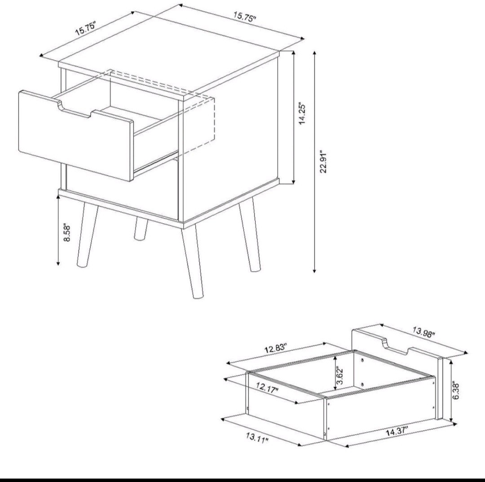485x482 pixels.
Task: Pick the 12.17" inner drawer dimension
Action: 268,387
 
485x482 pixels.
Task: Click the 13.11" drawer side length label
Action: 257,436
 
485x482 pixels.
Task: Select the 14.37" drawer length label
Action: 397,432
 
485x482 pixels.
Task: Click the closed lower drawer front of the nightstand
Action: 121,193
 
